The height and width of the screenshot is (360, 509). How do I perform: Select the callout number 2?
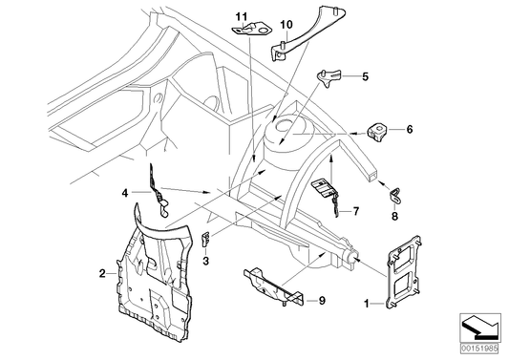click(x=102, y=274)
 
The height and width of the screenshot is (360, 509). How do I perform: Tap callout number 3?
click(x=205, y=260)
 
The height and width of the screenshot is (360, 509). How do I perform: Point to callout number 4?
click(x=123, y=193)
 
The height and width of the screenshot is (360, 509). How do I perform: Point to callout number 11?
click(x=242, y=14)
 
